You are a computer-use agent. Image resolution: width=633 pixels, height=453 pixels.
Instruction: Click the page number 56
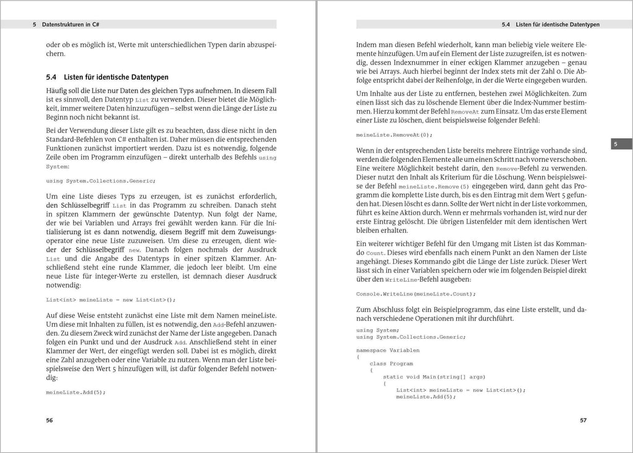tap(50, 420)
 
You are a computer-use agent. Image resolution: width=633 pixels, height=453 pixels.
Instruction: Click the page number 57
tap(583, 420)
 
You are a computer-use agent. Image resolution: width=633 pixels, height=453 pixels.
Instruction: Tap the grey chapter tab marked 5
tap(616, 144)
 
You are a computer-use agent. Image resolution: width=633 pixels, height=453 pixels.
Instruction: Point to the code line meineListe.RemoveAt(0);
tap(394, 134)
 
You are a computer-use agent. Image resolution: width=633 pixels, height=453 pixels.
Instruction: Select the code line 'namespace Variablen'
tap(387, 349)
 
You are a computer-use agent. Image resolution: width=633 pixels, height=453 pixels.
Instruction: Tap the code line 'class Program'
tap(391, 363)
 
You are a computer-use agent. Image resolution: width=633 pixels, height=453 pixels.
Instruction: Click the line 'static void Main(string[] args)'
tap(434, 376)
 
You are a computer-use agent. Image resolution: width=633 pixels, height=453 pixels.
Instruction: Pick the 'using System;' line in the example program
tap(378, 329)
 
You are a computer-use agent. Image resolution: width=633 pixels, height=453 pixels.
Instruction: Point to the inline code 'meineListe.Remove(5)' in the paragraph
tap(434, 186)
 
